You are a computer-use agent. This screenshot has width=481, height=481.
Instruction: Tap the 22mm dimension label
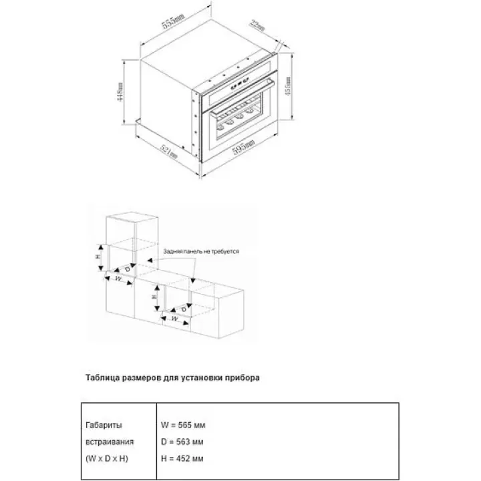(x=257, y=28)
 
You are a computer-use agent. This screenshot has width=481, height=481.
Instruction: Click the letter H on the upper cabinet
(x=98, y=257)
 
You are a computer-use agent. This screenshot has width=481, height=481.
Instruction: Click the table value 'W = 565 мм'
(x=182, y=425)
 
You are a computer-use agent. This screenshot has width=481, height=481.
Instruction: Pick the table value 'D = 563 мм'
(x=182, y=442)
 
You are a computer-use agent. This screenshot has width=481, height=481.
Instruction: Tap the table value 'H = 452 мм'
(x=182, y=458)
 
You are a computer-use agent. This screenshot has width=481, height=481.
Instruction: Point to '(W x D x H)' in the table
(x=107, y=458)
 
